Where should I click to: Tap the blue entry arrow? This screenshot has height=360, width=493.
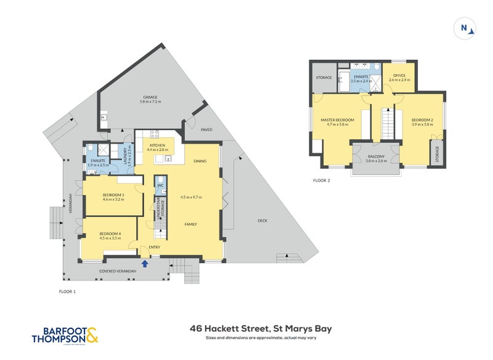click(145, 264)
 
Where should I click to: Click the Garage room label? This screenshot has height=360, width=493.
click(151, 97)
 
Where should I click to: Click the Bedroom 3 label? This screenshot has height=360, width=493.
click(113, 195)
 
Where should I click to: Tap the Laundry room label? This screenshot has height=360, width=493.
click(126, 154)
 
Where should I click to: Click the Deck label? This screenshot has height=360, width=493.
click(263, 221)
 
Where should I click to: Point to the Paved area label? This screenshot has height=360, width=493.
click(206, 130)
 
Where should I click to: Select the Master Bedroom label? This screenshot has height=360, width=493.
click(337, 120)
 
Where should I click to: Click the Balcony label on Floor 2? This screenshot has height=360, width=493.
click(376, 157)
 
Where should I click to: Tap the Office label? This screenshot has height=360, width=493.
click(399, 75)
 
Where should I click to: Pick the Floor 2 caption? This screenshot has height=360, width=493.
click(321, 181)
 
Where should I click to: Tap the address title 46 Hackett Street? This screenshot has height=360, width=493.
click(261, 329)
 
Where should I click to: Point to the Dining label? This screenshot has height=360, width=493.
click(199, 162)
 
